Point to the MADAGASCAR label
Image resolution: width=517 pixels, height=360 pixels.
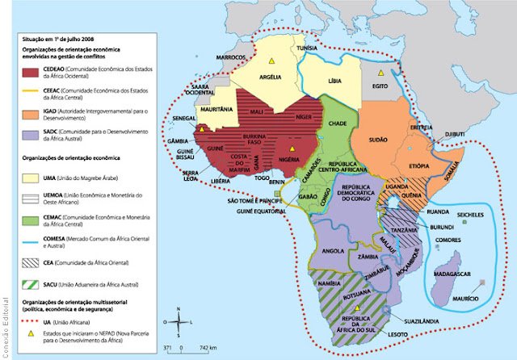(x=454, y=275)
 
